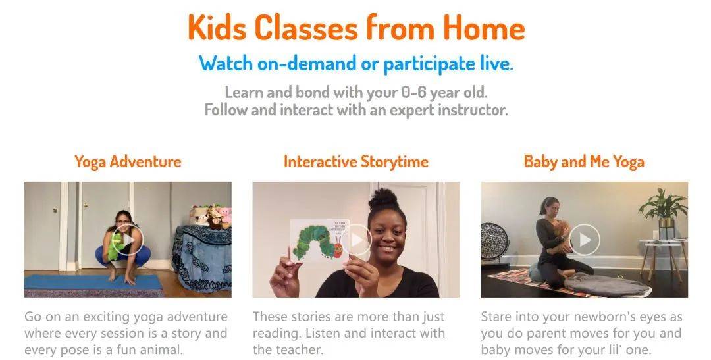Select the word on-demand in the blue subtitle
307,63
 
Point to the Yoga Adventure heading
128,162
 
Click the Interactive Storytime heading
356,162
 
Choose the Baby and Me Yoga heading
584,162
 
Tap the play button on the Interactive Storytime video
356,240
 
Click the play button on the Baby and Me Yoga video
585,240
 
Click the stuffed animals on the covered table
211,217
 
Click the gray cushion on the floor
606,285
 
